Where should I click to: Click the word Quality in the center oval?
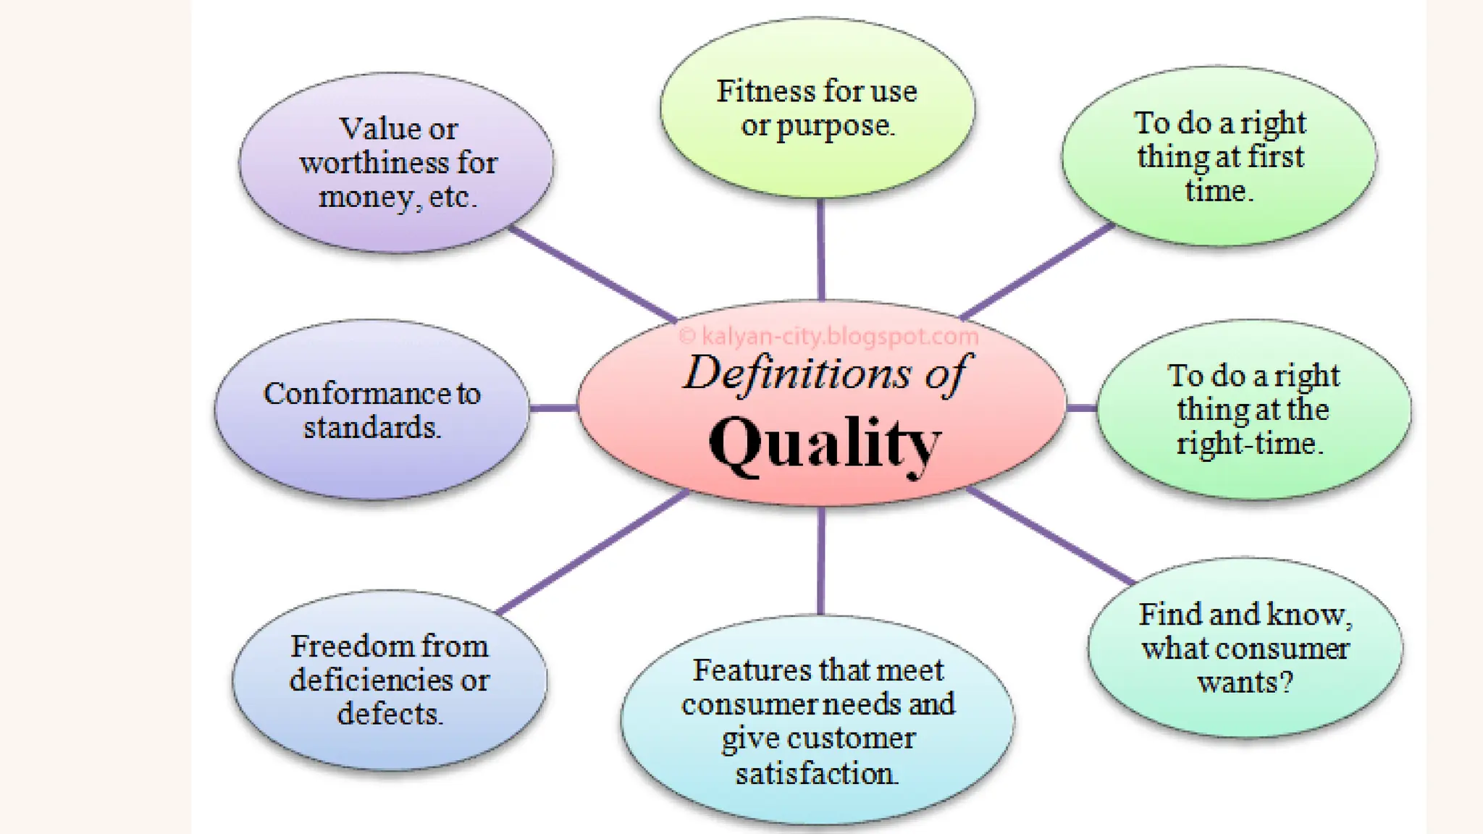tap(824, 443)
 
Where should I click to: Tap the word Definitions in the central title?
tap(797, 374)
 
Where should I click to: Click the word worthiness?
tap(373, 163)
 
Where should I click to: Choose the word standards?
tap(371, 428)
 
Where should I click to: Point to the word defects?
tap(390, 715)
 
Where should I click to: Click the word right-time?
tap(1249, 444)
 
